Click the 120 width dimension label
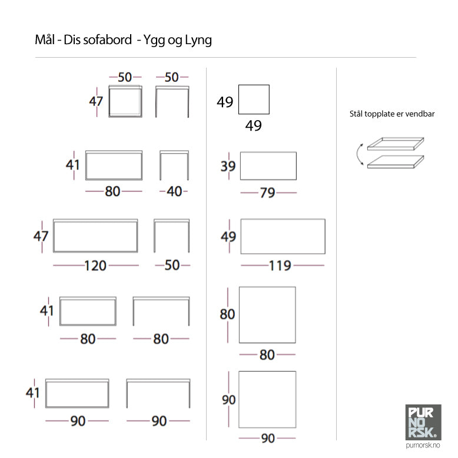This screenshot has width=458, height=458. click(95, 265)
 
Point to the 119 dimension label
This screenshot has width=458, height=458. click(280, 265)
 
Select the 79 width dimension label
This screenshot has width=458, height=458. click(267, 193)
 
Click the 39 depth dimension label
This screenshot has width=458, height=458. click(228, 167)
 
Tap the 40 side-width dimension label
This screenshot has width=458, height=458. click(174, 191)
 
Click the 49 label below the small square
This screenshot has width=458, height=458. click(253, 125)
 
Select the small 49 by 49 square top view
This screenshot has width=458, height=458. click(254, 99)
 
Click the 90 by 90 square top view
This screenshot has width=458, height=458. click(267, 400)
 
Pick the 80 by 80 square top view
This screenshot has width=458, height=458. click(267, 315)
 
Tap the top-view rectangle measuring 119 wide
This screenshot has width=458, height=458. click(283, 237)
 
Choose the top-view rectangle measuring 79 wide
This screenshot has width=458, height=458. click(268, 166)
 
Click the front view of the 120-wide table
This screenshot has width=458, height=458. click(95, 235)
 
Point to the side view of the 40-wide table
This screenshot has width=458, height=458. click(174, 165)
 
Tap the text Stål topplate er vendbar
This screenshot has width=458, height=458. click(392, 114)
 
